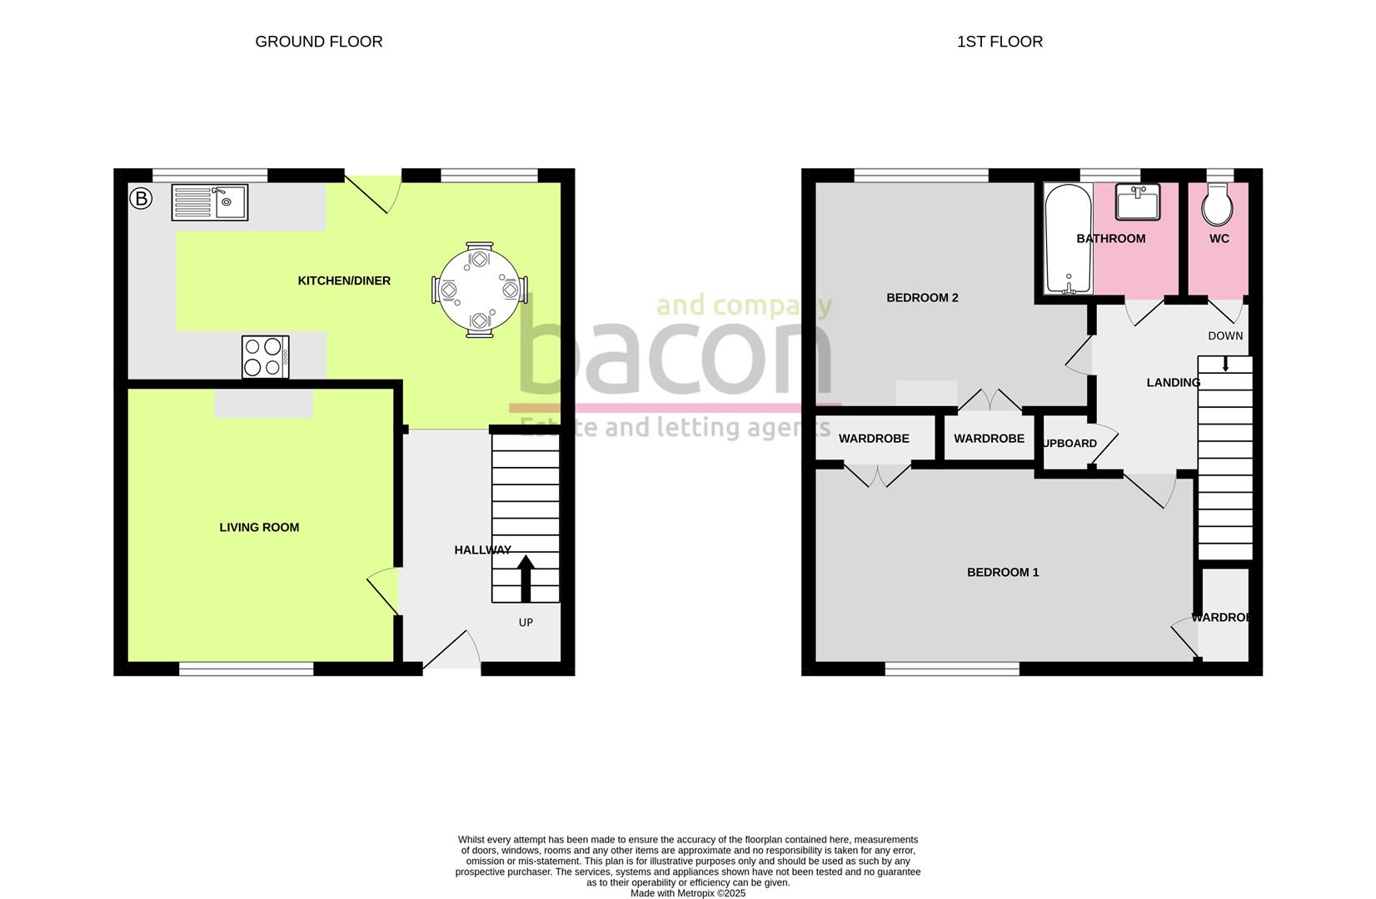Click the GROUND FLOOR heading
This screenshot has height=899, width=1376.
coord(318,42)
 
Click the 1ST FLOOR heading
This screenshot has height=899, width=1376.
coord(1000,42)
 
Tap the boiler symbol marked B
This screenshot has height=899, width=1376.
coord(142,199)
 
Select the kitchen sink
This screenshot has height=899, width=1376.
coord(209,202)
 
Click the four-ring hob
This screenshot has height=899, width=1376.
coord(266,357)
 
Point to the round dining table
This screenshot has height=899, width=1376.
coord(480,290)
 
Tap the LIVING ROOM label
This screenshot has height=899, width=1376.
coord(259,528)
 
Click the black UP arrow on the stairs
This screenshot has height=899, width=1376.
coord(526,579)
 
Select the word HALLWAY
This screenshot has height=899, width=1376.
coord(482,550)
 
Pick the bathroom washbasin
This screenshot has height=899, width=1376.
coord(1138,202)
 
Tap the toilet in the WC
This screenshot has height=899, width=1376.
coord(1218,205)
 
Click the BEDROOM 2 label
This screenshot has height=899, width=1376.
coord(922,298)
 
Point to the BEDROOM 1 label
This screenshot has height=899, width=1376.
coord(1003,573)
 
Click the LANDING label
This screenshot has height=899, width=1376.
coord(1173,383)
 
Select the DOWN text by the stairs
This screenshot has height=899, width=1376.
coord(1225,336)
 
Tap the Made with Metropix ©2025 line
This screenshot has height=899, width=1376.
coord(687,893)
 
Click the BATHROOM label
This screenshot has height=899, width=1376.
coord(1110,239)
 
